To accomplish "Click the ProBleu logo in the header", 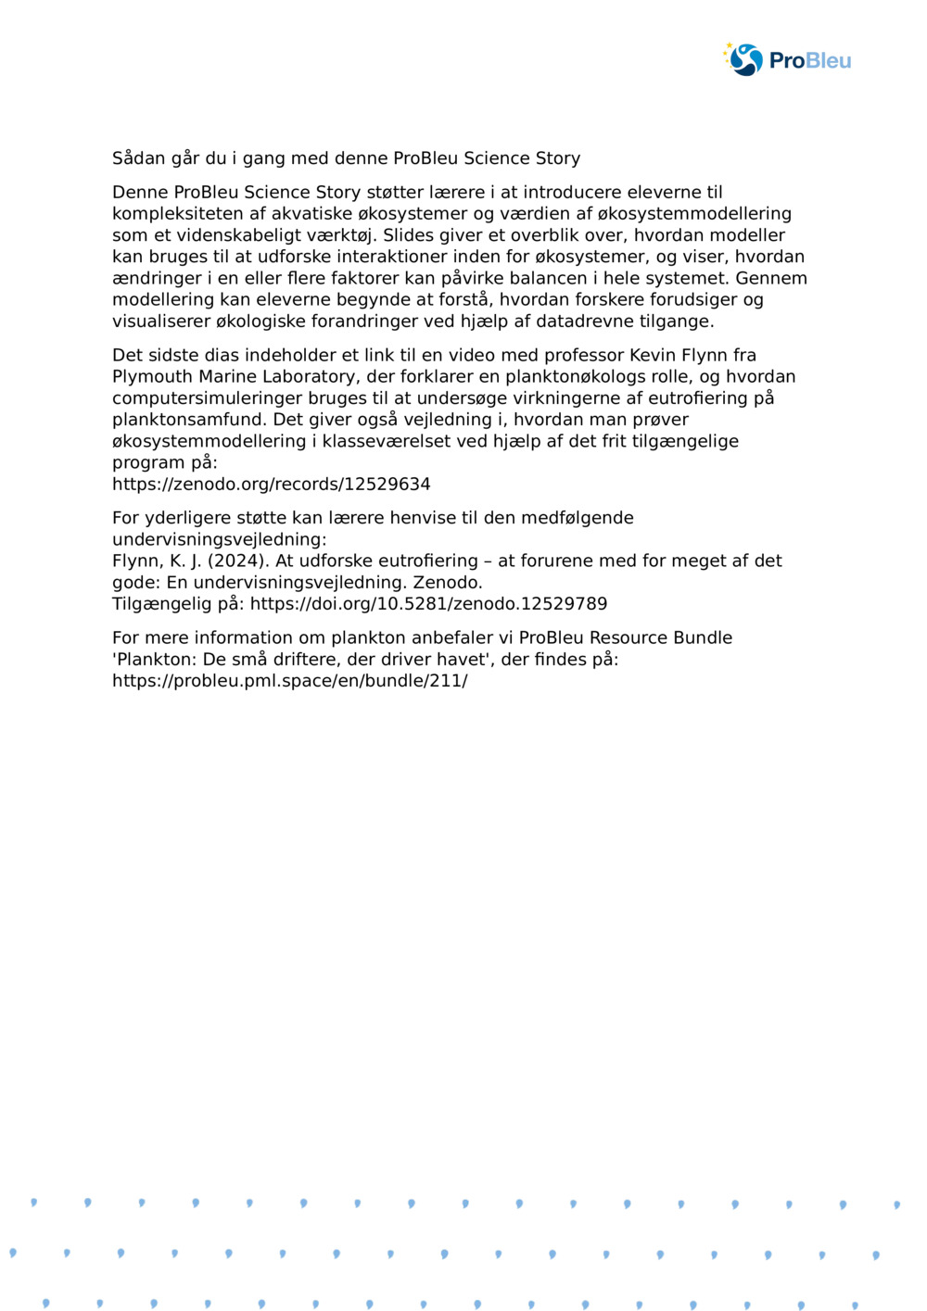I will pos(787,60).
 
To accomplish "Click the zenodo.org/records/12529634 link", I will pos(271,485).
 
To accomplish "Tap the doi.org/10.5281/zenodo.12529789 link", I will pos(428,604).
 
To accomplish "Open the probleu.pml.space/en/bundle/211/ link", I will pos(289,681).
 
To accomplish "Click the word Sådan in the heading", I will pos(136,158).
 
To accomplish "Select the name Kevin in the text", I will pos(653,355).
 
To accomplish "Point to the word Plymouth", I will pos(152,377).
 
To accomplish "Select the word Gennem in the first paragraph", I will pos(771,278).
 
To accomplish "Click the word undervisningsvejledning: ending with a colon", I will pos(220,539).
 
